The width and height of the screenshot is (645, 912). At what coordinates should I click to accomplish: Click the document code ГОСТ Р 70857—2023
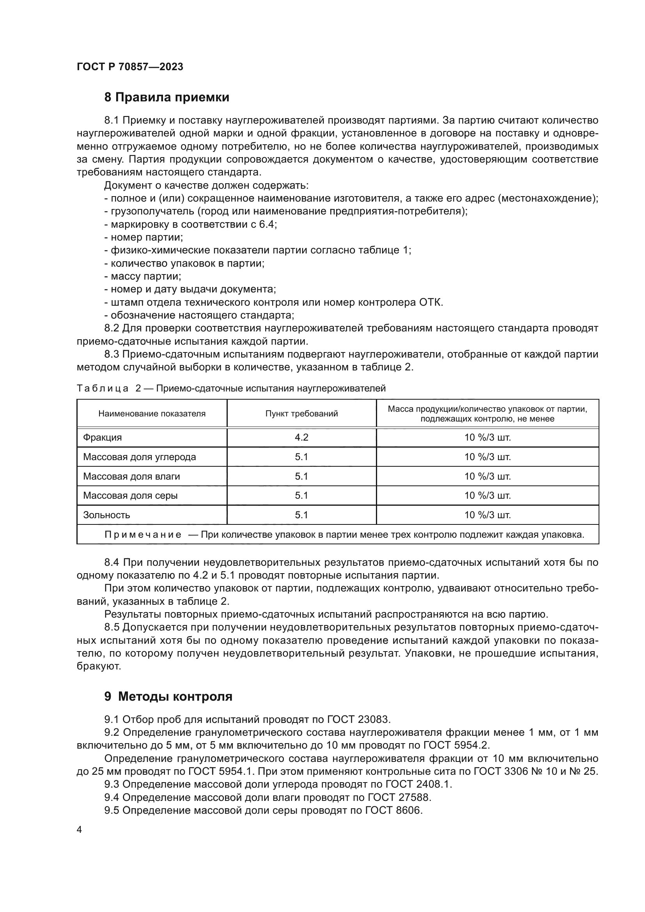point(130,67)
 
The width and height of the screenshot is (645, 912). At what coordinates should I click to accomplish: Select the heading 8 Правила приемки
point(167,97)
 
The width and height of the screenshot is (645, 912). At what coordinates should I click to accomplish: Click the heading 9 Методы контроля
point(168,696)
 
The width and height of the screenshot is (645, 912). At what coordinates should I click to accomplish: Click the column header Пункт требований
point(301,413)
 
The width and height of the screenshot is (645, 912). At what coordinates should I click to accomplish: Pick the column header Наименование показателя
point(152,413)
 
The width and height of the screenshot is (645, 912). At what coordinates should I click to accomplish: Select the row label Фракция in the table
point(103,437)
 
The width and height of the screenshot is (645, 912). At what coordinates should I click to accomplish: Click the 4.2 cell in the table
point(301,437)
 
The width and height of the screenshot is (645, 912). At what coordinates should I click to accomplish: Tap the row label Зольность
point(106,515)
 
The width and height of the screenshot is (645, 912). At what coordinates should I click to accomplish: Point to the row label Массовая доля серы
point(130,495)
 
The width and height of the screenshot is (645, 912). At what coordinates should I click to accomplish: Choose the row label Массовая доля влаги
point(131,476)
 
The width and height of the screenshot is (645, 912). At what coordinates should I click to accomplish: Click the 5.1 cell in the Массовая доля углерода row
point(301,457)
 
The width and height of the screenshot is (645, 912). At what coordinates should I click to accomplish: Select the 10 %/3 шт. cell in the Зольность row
point(487,515)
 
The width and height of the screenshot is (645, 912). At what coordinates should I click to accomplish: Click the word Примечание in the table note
point(143,535)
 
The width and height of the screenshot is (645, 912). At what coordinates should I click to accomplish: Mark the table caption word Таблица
point(103,388)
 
